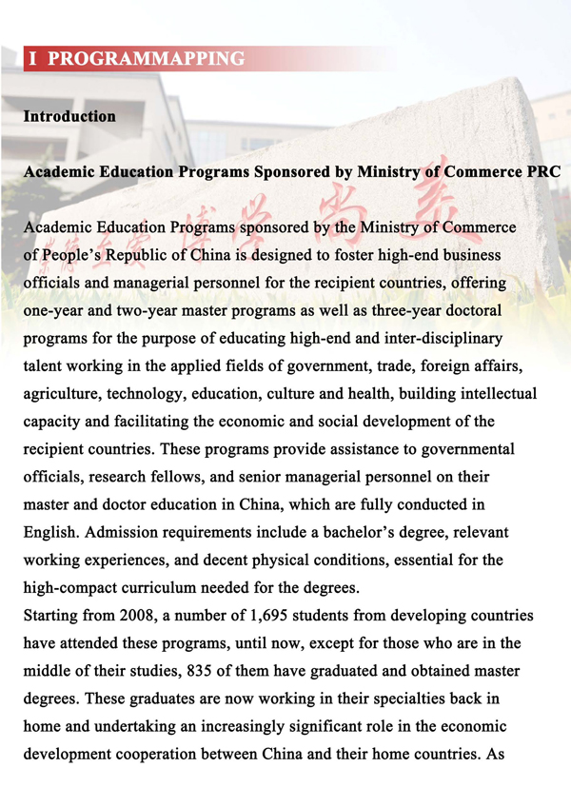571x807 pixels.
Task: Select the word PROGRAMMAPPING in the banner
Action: click(x=146, y=59)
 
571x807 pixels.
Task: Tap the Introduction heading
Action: click(x=69, y=116)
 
